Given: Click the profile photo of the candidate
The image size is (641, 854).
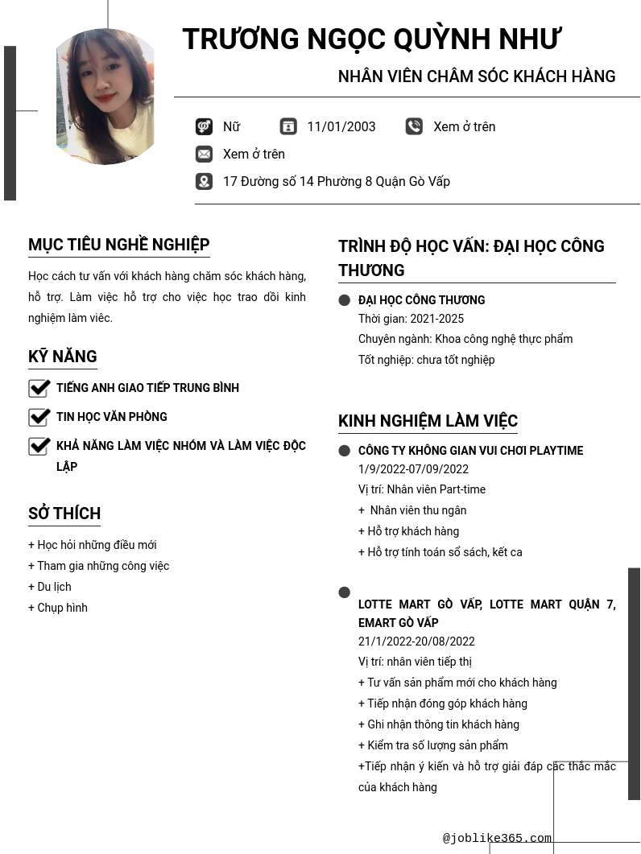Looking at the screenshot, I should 105,97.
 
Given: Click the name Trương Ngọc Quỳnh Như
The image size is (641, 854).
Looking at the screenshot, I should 371,39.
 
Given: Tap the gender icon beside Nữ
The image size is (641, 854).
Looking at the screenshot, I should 204,126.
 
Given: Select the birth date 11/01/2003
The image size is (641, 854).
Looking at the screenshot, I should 341,126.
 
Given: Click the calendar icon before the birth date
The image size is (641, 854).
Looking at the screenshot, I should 288,126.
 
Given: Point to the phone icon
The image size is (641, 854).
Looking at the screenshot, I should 414,126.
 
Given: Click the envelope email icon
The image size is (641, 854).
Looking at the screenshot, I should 204,154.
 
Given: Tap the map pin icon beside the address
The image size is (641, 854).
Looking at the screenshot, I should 204,181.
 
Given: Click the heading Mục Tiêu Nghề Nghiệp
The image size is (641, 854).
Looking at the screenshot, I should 119,245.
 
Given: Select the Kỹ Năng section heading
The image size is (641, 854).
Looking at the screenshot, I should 63,357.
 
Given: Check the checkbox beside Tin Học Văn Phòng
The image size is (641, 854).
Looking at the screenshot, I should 39,417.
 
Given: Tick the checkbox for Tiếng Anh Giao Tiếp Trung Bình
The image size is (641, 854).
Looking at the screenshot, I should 39,388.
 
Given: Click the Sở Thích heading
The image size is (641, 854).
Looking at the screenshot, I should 64,514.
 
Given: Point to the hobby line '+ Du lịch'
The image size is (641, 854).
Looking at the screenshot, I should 50,587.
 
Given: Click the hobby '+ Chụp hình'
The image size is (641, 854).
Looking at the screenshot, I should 58,608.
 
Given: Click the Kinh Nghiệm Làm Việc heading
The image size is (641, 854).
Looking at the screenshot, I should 428,421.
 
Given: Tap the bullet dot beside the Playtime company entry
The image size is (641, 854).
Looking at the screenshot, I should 345,451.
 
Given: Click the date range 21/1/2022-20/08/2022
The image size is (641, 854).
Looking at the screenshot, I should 416,642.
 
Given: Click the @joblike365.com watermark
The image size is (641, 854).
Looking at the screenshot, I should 497,838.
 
